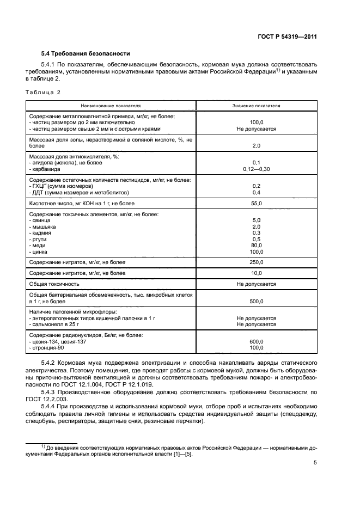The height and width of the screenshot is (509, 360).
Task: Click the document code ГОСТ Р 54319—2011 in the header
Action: point(287,37)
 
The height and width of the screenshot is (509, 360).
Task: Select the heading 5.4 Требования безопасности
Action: point(86,53)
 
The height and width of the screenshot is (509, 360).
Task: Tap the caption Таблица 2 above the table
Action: point(44,92)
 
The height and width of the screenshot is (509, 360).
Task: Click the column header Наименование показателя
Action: point(111,106)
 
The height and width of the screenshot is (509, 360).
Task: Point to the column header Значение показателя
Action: point(257,106)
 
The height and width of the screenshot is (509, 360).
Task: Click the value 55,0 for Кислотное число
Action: point(257,203)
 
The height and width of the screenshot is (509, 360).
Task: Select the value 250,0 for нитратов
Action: point(257,262)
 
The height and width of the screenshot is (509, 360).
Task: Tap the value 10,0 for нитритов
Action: point(257,273)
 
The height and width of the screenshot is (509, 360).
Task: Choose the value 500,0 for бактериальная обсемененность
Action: point(257,301)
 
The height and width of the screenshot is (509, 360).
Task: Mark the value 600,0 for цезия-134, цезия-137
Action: point(257,341)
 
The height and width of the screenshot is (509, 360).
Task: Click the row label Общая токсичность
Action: point(54,284)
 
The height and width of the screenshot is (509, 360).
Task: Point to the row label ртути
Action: point(39,239)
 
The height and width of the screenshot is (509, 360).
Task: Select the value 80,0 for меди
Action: point(257,246)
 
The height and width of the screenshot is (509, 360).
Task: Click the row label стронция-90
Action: point(47,348)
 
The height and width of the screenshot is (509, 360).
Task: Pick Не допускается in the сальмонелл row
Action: point(257,324)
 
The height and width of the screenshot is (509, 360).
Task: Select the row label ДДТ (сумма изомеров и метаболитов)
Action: point(79,193)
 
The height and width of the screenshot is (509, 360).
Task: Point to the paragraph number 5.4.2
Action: point(50,363)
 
